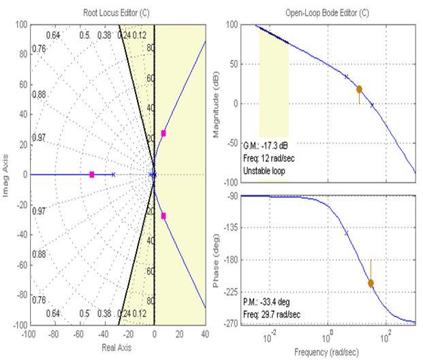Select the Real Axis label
point(116,347)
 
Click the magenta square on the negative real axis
point(92,175)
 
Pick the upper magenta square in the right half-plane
point(163,133)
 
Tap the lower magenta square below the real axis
point(163,216)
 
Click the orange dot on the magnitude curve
point(359,89)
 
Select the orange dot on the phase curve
point(371,283)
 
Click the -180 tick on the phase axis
point(230,259)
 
